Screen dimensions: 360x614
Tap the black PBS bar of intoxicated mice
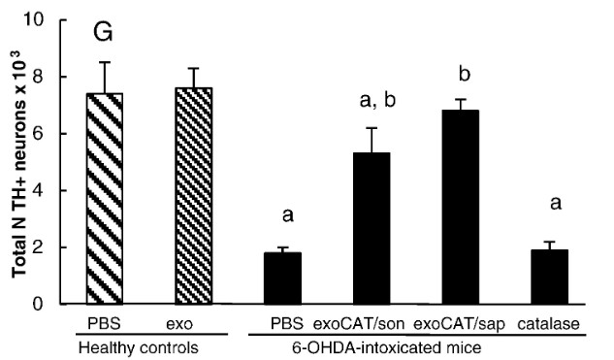(x=283, y=278)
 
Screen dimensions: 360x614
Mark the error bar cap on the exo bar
(x=194, y=68)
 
